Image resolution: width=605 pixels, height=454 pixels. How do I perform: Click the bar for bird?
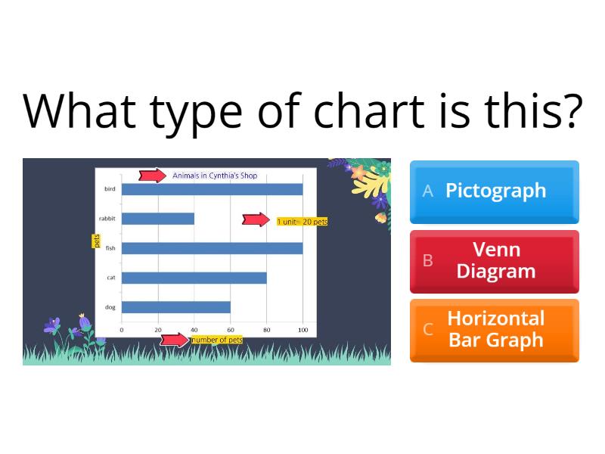point(212,189)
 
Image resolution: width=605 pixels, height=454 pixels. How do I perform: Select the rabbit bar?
point(158,219)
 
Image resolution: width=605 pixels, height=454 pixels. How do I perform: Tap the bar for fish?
point(212,248)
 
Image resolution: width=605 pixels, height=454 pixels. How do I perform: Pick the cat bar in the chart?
point(194,278)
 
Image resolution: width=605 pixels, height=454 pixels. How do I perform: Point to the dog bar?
point(176,307)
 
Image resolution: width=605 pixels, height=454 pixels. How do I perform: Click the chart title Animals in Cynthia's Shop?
point(215,176)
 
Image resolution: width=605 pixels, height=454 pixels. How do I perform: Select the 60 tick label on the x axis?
point(230,330)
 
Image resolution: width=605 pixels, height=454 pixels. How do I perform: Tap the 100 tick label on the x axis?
point(302,330)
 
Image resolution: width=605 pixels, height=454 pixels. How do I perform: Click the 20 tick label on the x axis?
point(158,330)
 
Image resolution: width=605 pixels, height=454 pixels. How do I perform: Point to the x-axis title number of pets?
point(217,340)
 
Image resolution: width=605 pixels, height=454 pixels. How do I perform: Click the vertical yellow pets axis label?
point(96,241)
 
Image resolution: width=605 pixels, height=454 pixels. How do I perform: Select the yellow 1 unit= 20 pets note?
point(302,222)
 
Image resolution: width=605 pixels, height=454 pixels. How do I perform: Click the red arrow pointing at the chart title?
point(153,176)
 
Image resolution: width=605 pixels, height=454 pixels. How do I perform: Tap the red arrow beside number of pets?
point(175,340)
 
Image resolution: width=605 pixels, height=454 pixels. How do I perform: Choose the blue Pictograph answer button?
point(495,191)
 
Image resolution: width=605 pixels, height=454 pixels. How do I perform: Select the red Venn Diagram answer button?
point(495,261)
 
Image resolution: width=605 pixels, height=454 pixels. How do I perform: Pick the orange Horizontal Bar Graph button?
point(495,329)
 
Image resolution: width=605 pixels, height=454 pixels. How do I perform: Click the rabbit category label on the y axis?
point(107,219)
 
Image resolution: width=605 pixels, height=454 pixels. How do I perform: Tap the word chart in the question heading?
point(367,110)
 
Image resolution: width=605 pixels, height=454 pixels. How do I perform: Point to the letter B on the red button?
point(428,261)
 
